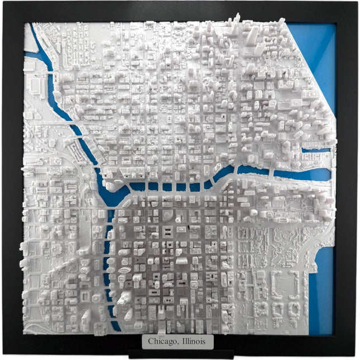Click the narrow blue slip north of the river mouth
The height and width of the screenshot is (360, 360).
coord(316,150)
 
